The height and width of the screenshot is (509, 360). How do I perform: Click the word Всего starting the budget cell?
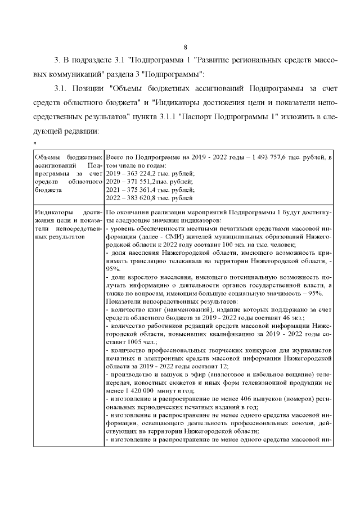[x=115, y=158]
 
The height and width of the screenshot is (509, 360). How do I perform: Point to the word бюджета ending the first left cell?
[x=47, y=190]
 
